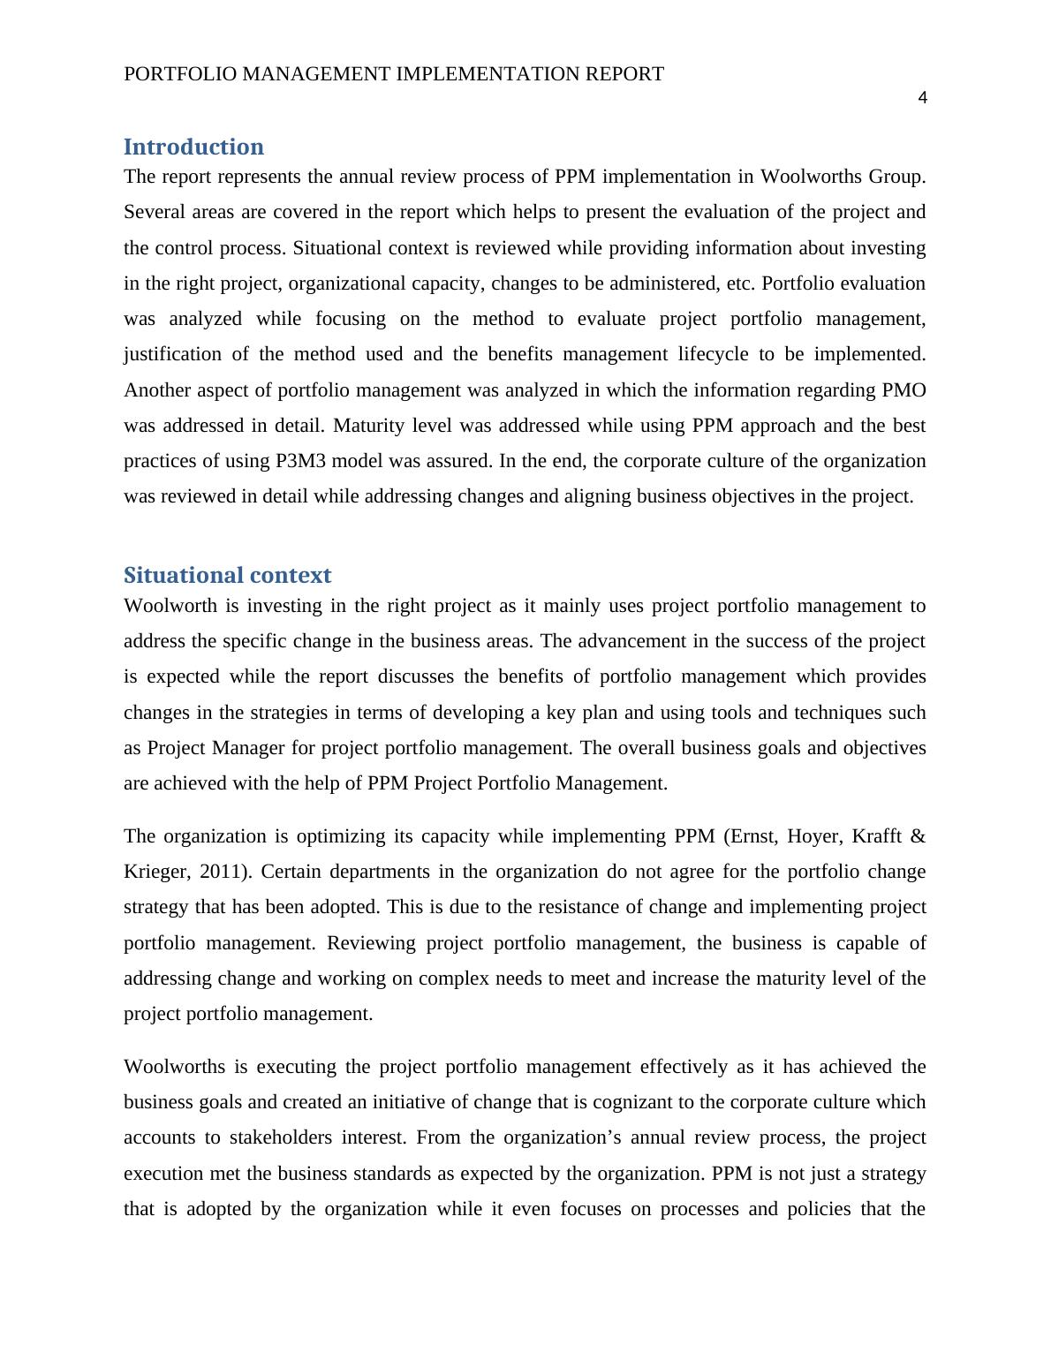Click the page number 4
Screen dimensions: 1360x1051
[922, 98]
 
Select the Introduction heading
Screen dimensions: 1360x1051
[193, 147]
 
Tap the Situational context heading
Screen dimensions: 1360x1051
[227, 575]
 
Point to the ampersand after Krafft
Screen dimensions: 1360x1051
[919, 836]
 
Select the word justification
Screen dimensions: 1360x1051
[172, 354]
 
